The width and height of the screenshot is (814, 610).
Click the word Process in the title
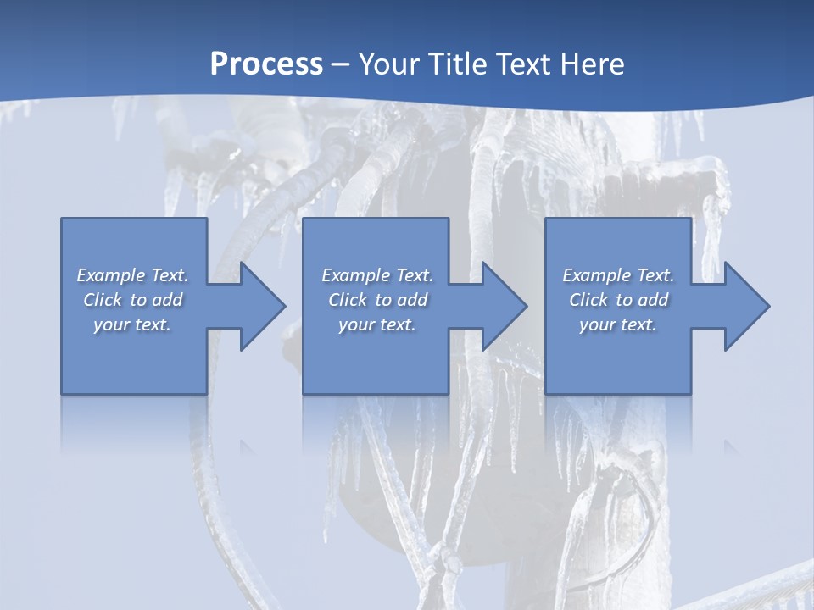pyautogui.click(x=266, y=64)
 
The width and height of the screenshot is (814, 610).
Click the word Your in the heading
pyautogui.click(x=391, y=64)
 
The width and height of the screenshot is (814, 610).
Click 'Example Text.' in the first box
pyautogui.click(x=132, y=275)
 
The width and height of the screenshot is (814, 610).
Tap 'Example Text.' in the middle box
pyautogui.click(x=376, y=275)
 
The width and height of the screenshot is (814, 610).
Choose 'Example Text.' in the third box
pyautogui.click(x=618, y=275)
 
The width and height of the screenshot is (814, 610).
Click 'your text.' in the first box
pyautogui.click(x=132, y=324)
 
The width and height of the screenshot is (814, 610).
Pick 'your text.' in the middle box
pyautogui.click(x=376, y=324)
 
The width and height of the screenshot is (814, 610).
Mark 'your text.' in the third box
pyautogui.click(x=618, y=324)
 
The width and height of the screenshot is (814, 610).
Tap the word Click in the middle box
pyautogui.click(x=348, y=300)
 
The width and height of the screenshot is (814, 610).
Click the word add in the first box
pyautogui.click(x=167, y=300)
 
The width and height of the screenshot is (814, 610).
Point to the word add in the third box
pyautogui.click(x=653, y=300)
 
